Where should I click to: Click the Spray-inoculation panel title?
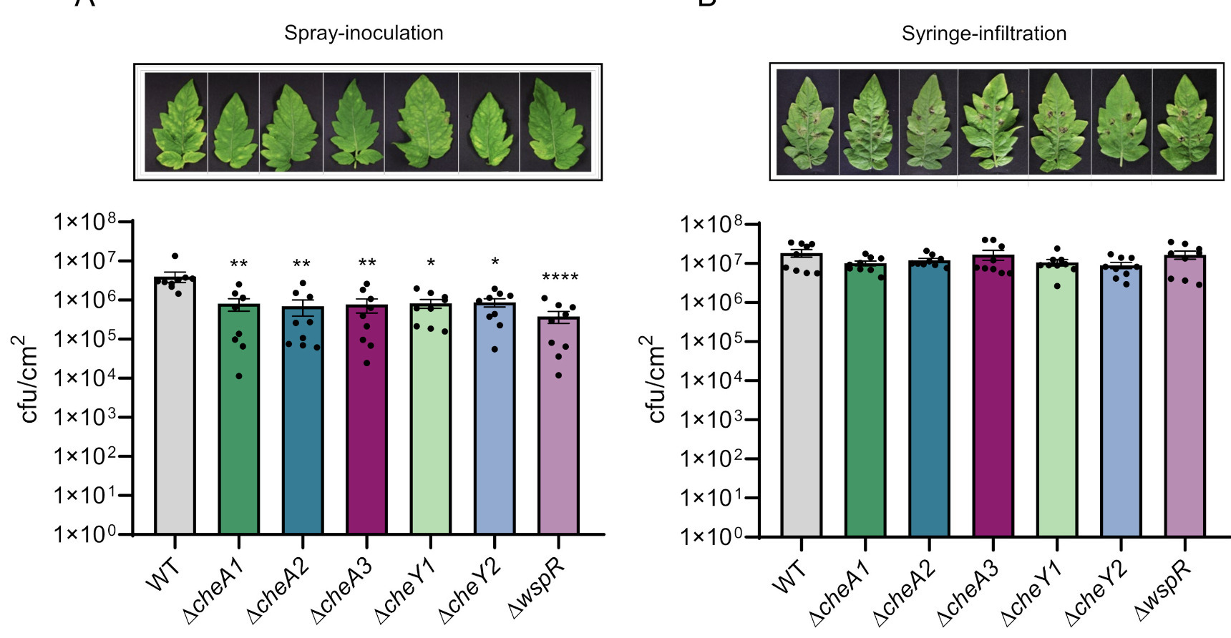364,33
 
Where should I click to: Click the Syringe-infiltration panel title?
983,34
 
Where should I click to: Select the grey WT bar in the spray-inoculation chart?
175,415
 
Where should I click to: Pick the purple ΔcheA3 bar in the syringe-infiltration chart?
993,401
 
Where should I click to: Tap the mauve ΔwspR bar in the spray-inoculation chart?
558,429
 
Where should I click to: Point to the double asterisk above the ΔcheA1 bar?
239,265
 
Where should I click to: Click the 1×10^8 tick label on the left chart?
84,222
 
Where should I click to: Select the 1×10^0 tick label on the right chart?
712,536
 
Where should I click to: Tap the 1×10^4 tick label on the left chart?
84,378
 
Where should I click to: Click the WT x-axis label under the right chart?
790,577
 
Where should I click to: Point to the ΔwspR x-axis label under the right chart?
1164,589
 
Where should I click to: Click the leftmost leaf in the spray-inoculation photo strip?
176,123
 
